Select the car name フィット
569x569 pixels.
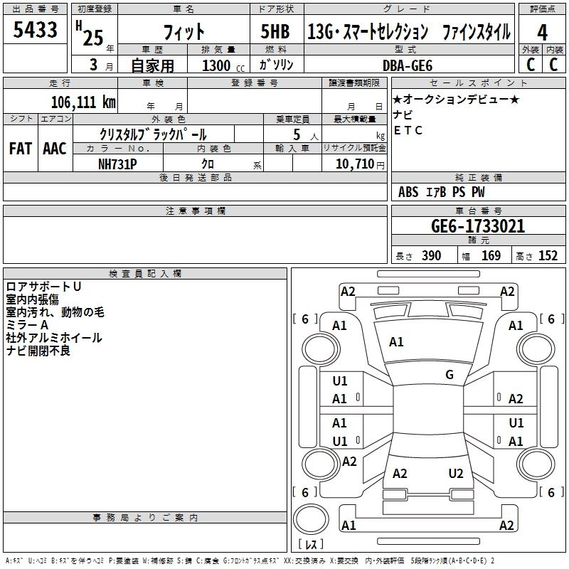[184, 31]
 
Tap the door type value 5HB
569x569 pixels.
[275, 31]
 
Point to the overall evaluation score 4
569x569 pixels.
[542, 31]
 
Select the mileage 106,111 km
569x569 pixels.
[83, 101]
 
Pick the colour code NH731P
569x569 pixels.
[117, 163]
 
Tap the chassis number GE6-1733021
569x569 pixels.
[478, 226]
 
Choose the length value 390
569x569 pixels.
[431, 256]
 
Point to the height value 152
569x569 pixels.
[548, 256]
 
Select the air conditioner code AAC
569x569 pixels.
[55, 148]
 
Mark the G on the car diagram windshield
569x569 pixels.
[450, 374]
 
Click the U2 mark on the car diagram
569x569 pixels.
[456, 473]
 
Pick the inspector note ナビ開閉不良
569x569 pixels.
[38, 351]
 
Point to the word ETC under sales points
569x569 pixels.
[408, 130]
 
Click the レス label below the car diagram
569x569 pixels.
[311, 544]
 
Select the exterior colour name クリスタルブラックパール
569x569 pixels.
[154, 134]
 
